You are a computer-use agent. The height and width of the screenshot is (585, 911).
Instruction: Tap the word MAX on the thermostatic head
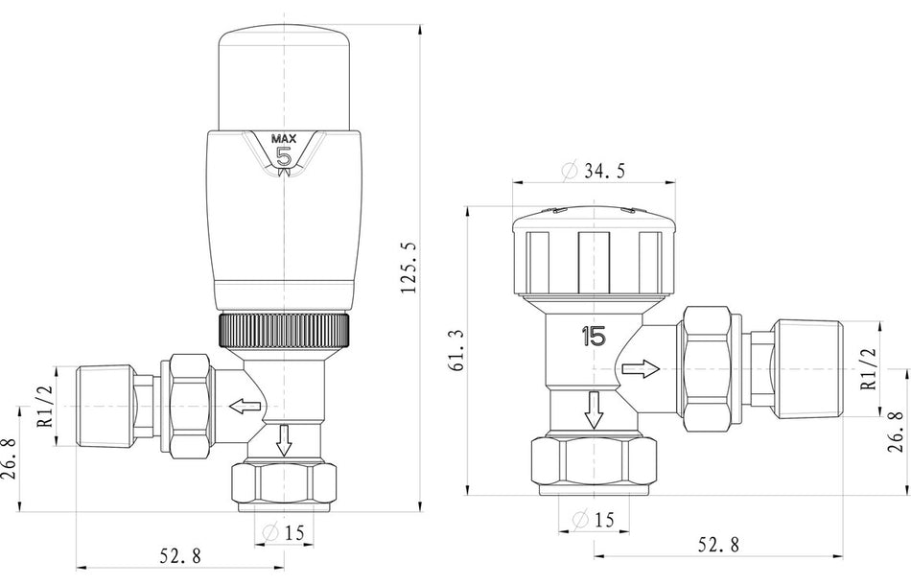[285, 137]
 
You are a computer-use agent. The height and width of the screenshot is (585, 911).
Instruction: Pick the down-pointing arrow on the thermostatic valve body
[285, 442]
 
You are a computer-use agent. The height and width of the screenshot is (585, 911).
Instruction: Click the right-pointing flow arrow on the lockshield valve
[641, 368]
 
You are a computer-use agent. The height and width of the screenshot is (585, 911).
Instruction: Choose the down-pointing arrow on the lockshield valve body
[595, 409]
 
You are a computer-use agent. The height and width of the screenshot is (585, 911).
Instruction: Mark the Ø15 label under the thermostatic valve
[285, 533]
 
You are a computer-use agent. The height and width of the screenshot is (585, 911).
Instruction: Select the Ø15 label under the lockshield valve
[595, 521]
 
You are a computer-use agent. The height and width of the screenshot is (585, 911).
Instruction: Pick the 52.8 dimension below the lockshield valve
[718, 545]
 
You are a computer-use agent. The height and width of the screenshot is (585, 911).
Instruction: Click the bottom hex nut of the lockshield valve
[595, 463]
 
